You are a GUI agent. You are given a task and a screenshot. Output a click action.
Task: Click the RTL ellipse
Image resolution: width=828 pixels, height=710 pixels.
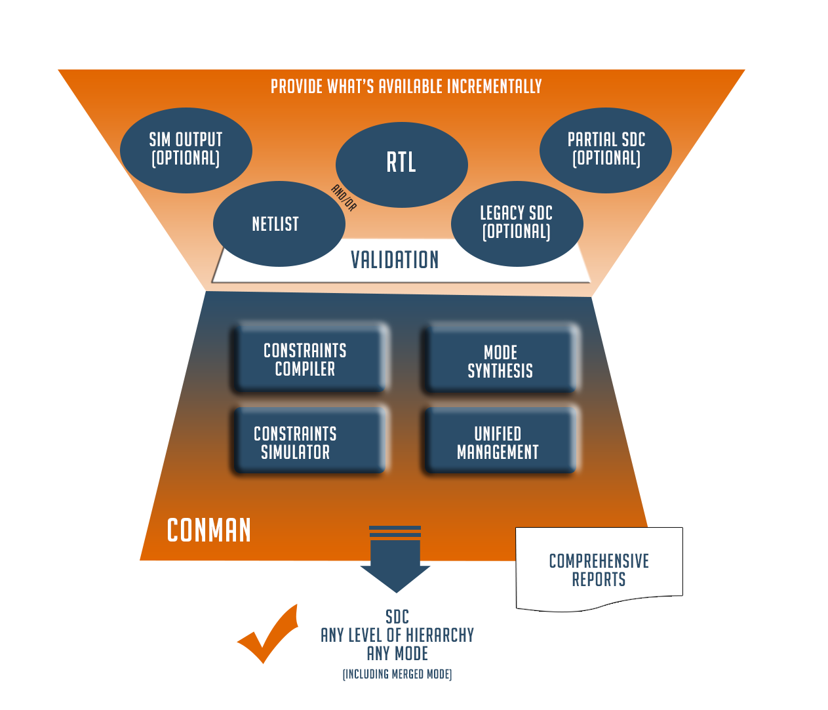pos(401,164)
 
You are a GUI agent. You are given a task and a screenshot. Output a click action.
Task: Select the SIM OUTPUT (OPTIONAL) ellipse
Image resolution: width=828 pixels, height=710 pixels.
pos(186,149)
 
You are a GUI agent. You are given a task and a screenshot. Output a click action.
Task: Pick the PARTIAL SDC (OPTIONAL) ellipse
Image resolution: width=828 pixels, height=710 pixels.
pos(606,149)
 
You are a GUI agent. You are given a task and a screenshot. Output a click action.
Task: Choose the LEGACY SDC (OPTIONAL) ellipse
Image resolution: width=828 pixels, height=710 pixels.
pos(517,223)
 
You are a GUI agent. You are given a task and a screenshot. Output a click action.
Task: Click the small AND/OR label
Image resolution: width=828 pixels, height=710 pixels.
pos(344,197)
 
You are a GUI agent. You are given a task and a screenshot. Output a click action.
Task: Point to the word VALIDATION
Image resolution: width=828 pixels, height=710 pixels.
pos(395,260)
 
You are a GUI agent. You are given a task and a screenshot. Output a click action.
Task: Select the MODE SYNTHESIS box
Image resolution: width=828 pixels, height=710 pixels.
pos(500,361)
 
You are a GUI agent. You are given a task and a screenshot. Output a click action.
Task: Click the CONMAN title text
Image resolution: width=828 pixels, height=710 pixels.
pos(209,530)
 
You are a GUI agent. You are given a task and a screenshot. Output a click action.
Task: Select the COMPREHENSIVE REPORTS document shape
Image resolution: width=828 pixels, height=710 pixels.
pos(599,569)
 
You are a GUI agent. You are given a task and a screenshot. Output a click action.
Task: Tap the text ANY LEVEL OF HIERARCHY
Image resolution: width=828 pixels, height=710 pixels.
pos(397,635)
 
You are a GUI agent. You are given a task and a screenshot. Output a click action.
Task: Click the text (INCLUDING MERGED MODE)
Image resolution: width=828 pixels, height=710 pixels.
pos(397,674)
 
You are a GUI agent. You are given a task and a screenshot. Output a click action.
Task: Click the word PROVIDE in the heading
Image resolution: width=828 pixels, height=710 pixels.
pos(297,87)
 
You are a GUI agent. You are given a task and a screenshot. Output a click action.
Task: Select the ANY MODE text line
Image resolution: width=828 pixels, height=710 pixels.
pos(397,654)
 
